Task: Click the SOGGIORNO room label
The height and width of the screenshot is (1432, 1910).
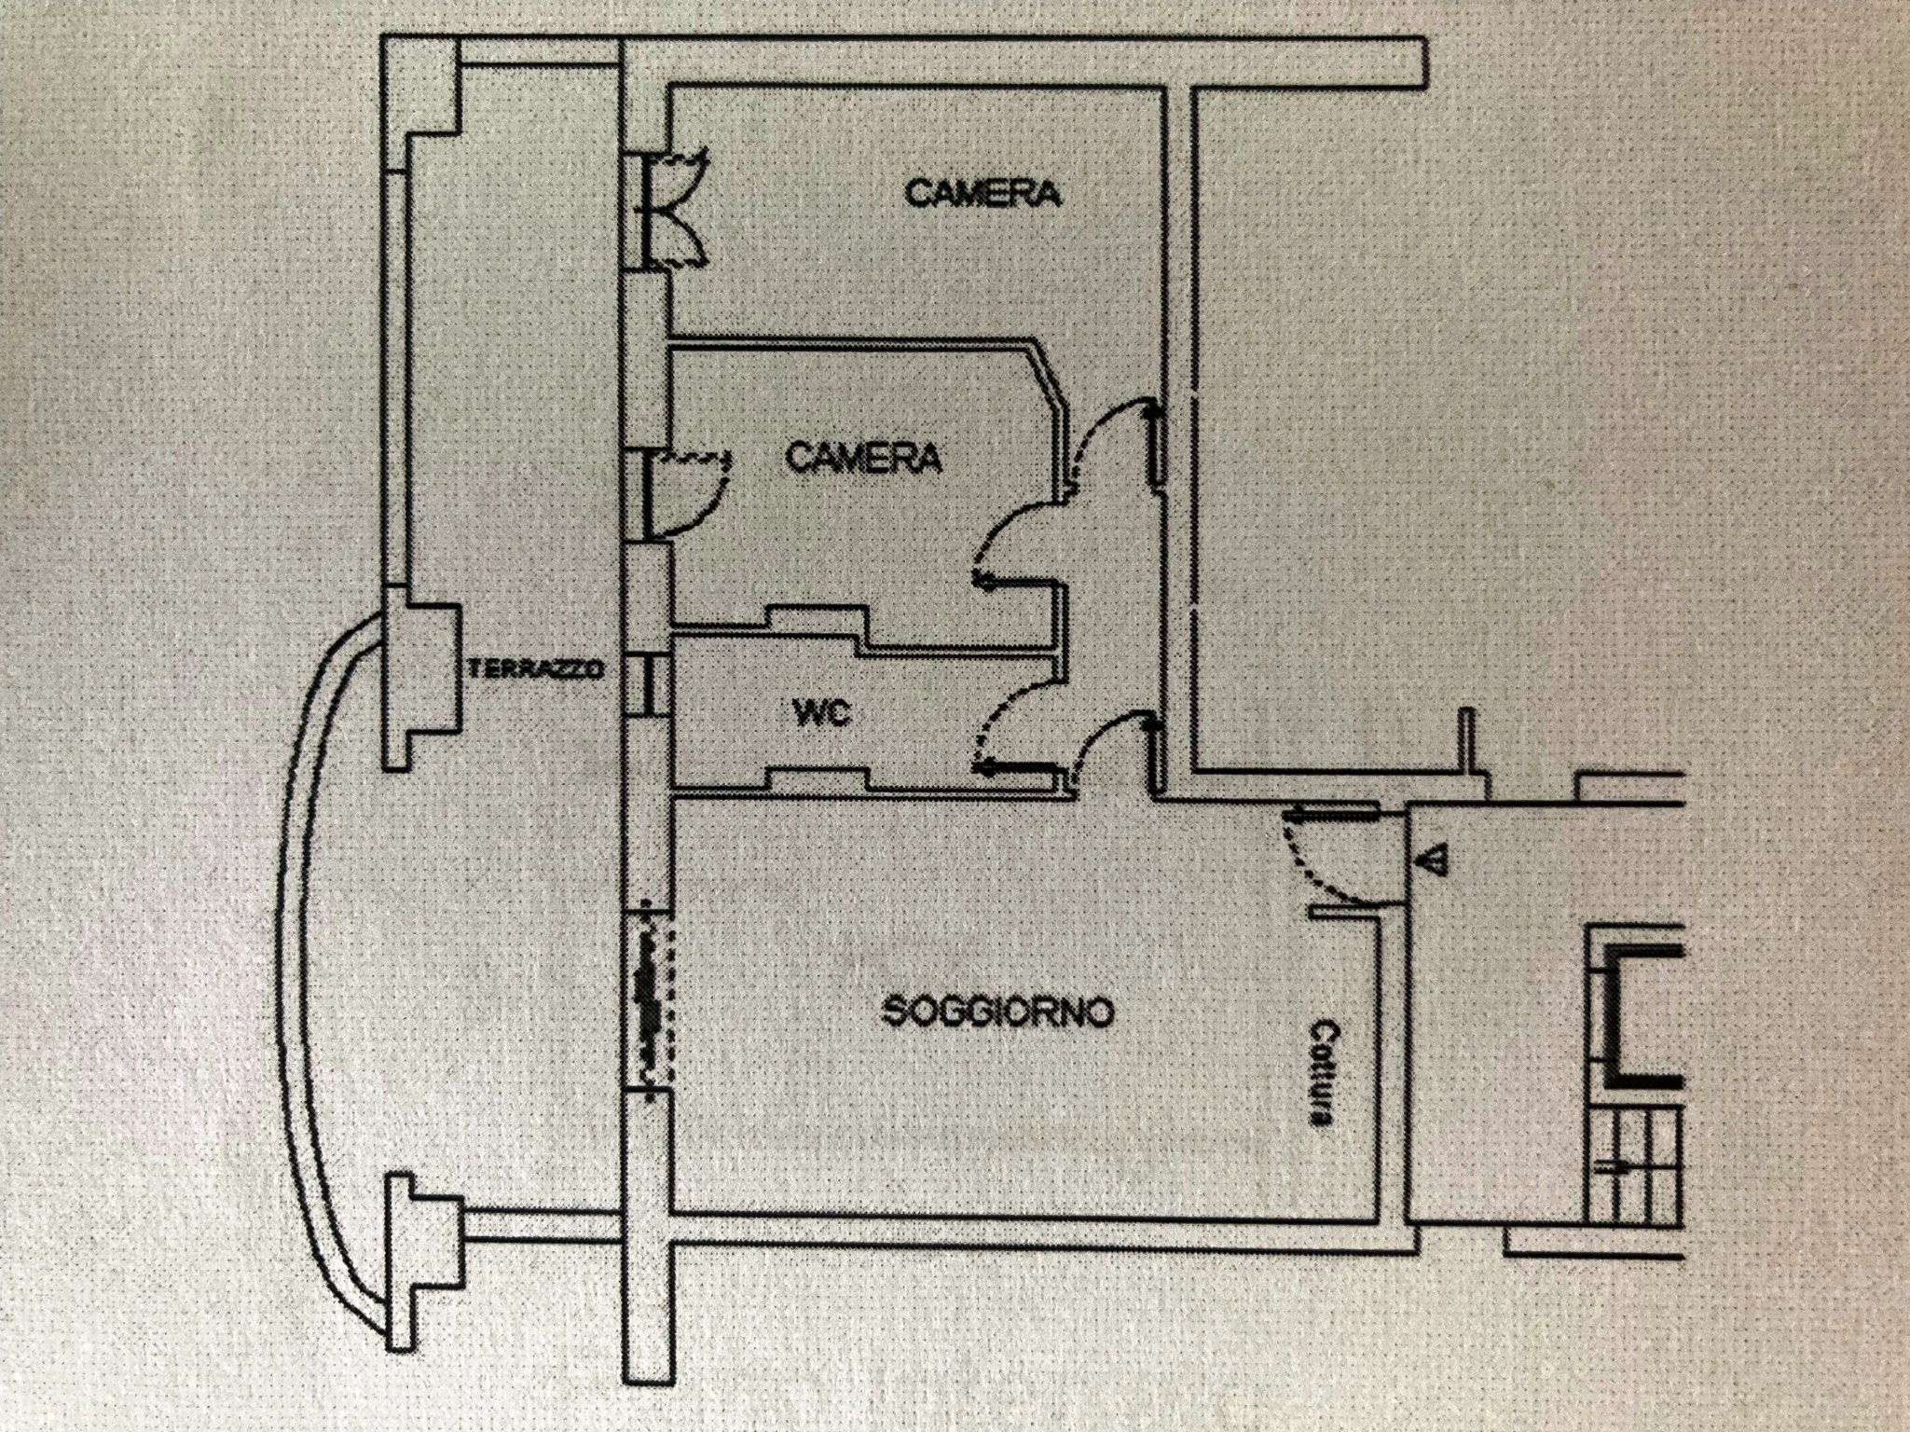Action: pyautogui.click(x=998, y=1012)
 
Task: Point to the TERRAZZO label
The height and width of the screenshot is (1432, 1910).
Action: pyautogui.click(x=537, y=669)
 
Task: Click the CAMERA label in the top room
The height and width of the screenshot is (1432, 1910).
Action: pyautogui.click(x=983, y=194)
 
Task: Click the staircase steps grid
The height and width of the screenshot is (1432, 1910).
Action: pyautogui.click(x=1636, y=1165)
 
